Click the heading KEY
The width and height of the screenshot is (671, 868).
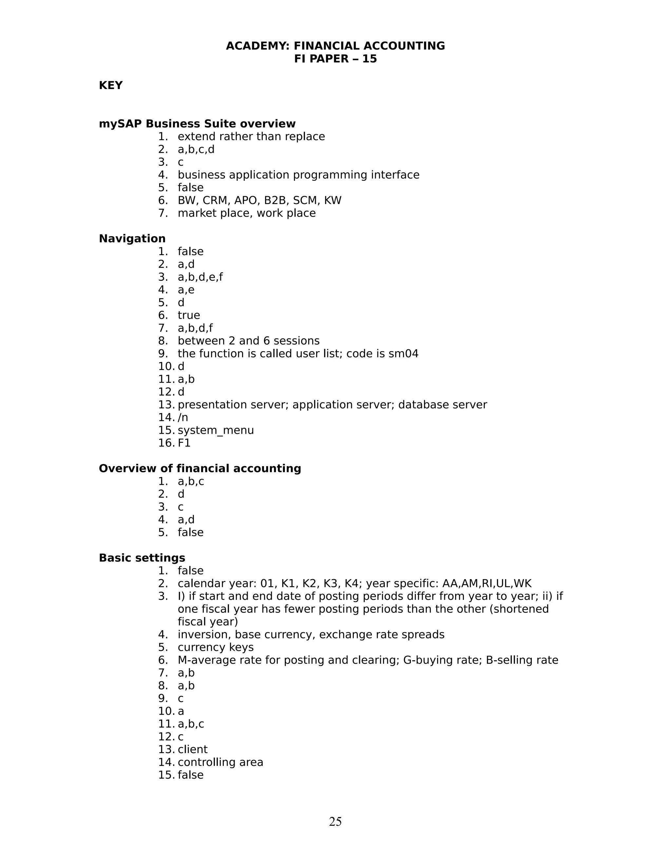click(x=110, y=85)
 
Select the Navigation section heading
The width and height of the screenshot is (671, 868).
click(x=132, y=238)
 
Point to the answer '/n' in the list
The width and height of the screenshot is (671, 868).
click(x=183, y=417)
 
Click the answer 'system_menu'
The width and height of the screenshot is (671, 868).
click(x=216, y=430)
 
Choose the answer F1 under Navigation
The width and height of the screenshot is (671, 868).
click(x=184, y=443)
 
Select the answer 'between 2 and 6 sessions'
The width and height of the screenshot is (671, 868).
click(x=248, y=341)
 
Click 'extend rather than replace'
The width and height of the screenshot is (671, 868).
click(x=251, y=136)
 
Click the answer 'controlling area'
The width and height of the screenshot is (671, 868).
click(x=220, y=762)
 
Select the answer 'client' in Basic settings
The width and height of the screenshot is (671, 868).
click(x=192, y=749)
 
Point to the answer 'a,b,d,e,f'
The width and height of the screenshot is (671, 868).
click(x=200, y=277)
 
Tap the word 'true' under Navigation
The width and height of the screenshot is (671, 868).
click(x=189, y=315)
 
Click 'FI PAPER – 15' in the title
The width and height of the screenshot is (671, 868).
click(x=335, y=59)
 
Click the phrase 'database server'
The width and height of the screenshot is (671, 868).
click(x=442, y=405)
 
